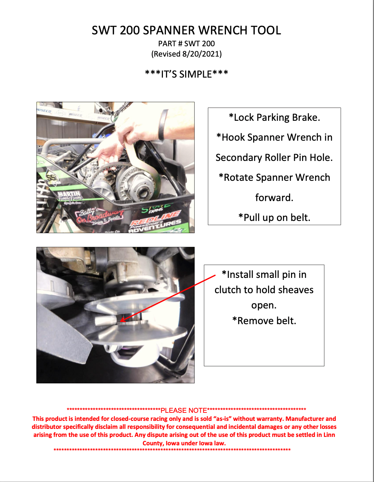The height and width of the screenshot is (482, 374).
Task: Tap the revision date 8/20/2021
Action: [x=201, y=54]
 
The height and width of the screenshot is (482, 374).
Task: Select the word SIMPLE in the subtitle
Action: [x=195, y=74]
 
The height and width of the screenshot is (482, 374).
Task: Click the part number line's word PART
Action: [x=167, y=44]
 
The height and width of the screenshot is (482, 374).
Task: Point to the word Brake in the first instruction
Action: [x=306, y=117]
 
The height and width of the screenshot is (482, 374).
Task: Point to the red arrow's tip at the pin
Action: [x=122, y=320]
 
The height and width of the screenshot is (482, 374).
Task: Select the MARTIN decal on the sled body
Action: [x=69, y=195]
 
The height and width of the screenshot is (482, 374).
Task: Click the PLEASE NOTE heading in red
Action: [x=184, y=411]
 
